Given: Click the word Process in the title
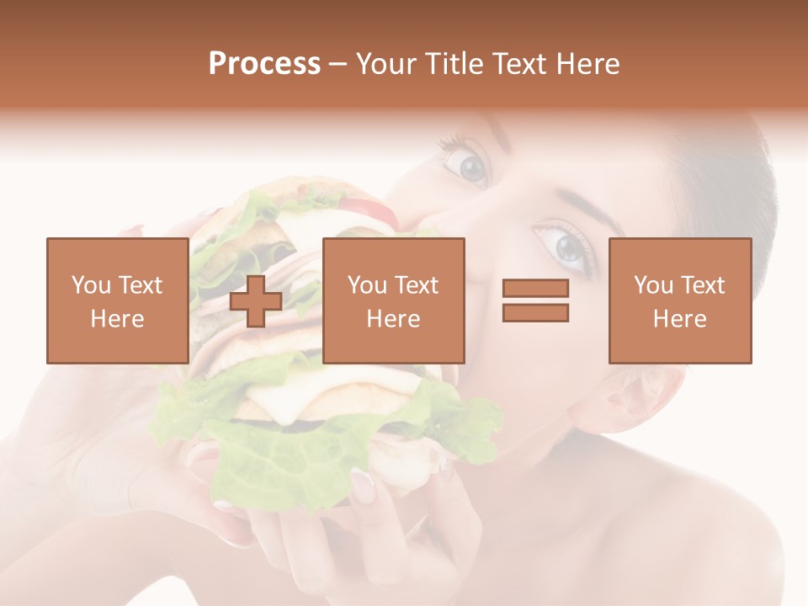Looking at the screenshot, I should tap(264, 64).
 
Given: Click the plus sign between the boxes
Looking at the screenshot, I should tap(256, 301).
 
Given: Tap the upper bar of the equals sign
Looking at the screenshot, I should tap(535, 289).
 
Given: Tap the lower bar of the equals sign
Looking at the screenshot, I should tap(535, 312).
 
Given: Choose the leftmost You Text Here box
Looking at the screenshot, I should tap(117, 300).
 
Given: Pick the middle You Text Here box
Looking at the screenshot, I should tap(393, 300).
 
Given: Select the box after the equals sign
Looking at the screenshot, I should tap(679, 300).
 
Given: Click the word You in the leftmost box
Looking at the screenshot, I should tap(89, 285).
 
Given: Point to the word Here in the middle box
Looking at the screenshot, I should tap(393, 319).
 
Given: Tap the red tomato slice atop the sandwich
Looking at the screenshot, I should tap(370, 210).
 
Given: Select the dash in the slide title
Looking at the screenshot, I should tap(338, 64).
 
